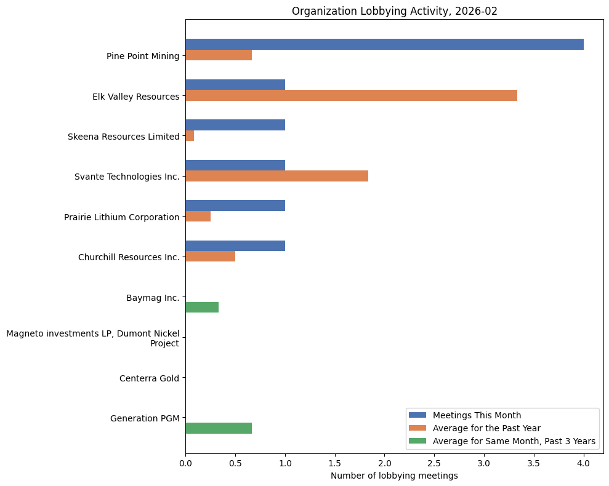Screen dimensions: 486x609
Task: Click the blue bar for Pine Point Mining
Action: (384, 44)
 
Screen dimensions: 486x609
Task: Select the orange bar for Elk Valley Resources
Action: (351, 95)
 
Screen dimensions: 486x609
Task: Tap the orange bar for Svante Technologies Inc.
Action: (276, 176)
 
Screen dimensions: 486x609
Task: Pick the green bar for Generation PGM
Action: (219, 428)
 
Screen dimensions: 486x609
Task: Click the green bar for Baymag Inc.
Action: (202, 308)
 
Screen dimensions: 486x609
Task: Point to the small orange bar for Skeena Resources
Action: (190, 136)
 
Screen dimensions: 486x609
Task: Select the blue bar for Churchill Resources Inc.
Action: (235, 246)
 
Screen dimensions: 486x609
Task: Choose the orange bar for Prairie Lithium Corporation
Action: (198, 217)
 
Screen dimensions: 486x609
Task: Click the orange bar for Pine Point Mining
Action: (219, 55)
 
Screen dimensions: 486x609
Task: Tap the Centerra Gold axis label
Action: (149, 378)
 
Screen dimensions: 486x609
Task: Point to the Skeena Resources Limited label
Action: (123, 137)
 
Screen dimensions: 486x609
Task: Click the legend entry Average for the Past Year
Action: (486, 428)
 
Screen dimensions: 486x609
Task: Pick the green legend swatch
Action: (418, 441)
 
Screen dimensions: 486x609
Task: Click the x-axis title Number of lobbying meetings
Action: (394, 476)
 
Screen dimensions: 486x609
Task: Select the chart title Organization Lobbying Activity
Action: (394, 11)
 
